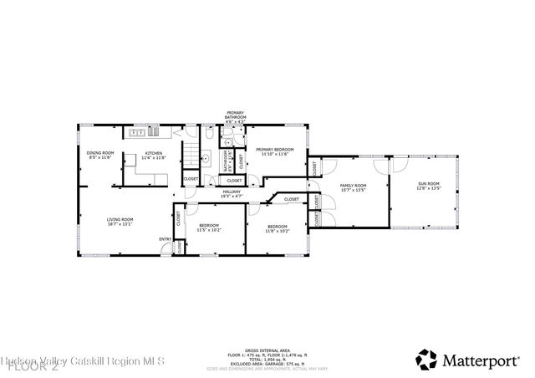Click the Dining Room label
pyautogui.click(x=100, y=153)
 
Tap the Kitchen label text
pyautogui.click(x=154, y=153)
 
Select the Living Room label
pyautogui.click(x=120, y=219)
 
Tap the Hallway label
pyautogui.click(x=232, y=192)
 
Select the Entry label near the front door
pyautogui.click(x=166, y=239)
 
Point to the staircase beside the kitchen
pyautogui.click(x=191, y=153)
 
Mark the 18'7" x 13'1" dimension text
pyautogui.click(x=120, y=223)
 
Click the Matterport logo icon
pyautogui.click(x=426, y=360)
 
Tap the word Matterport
pyautogui.click(x=481, y=360)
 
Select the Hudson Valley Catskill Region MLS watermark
pyautogui.click(x=84, y=361)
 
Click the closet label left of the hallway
pyautogui.click(x=191, y=178)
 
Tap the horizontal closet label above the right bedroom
pyautogui.click(x=291, y=199)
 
